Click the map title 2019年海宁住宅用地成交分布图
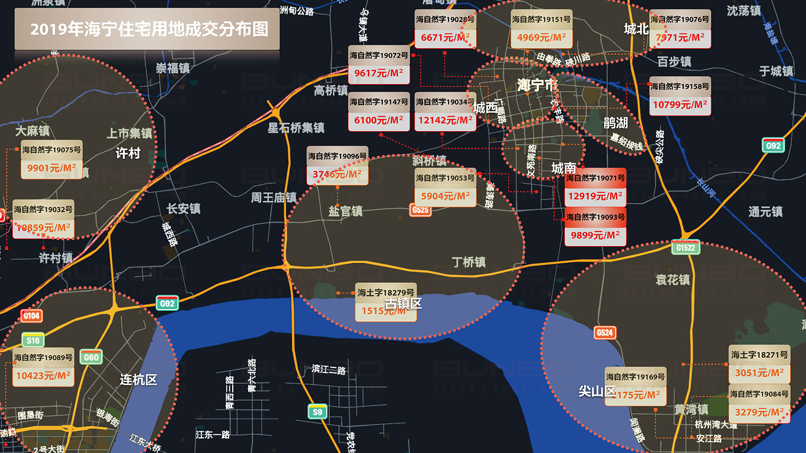pyautogui.click(x=149, y=29)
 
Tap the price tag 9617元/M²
pyautogui.click(x=379, y=73)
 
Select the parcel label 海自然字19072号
pyautogui.click(x=379, y=56)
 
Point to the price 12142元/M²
pyautogui.click(x=445, y=120)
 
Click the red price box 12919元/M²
pyautogui.click(x=595, y=196)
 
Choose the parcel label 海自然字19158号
pyautogui.click(x=680, y=87)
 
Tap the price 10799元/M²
pyautogui.click(x=680, y=105)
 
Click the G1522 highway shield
pyautogui.click(x=686, y=248)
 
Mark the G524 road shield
pyautogui.click(x=604, y=333)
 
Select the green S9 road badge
pyautogui.click(x=317, y=412)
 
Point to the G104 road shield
pyautogui.click(x=32, y=316)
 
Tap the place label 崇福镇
pyautogui.click(x=173, y=68)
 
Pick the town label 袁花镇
pyautogui.click(x=673, y=280)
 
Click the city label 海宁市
pyautogui.click(x=536, y=85)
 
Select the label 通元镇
pyautogui.click(x=765, y=211)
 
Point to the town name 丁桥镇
pyautogui.click(x=469, y=262)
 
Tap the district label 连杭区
pyautogui.click(x=138, y=380)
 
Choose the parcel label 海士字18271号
pyautogui.click(x=759, y=355)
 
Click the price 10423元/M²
pyautogui.click(x=43, y=376)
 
